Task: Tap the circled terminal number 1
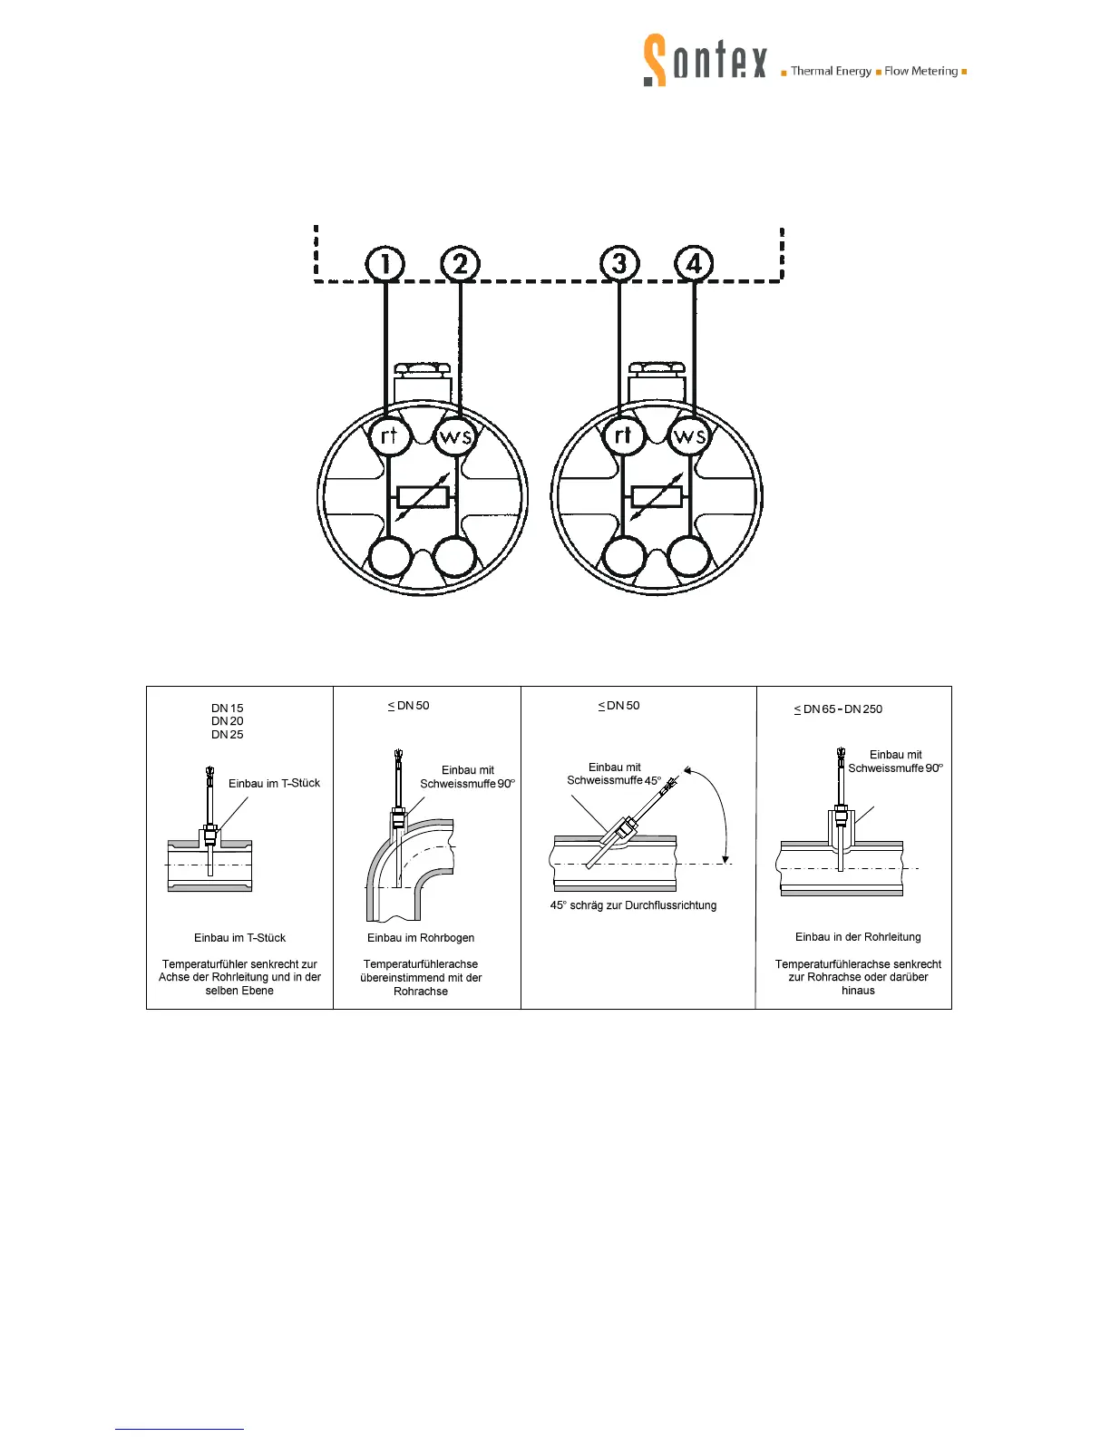(385, 264)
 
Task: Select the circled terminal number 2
(461, 264)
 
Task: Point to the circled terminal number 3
(619, 264)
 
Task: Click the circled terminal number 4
(695, 264)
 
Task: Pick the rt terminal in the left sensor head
(390, 436)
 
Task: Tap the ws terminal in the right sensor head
(689, 436)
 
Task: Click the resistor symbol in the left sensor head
(423, 497)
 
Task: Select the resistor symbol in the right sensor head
(657, 497)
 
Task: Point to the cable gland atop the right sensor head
(657, 381)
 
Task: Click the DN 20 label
(228, 721)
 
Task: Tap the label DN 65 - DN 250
(838, 709)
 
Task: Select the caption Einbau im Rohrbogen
(421, 938)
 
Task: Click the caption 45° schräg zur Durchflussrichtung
(633, 905)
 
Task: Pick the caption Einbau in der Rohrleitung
(858, 937)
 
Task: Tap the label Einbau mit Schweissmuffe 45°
(614, 774)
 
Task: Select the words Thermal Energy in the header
(831, 71)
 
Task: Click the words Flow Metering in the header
(920, 71)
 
